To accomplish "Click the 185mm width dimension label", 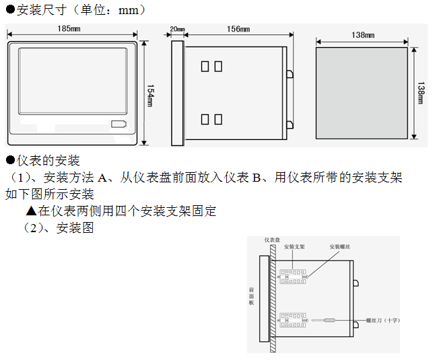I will pos(70,29).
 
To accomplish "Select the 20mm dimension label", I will pos(177,30).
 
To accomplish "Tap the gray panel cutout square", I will pos(362,92).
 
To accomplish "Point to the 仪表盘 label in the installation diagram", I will pos(272,240).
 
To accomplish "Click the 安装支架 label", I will pos(294,247).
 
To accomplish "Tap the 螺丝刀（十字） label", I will pos(382,321).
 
